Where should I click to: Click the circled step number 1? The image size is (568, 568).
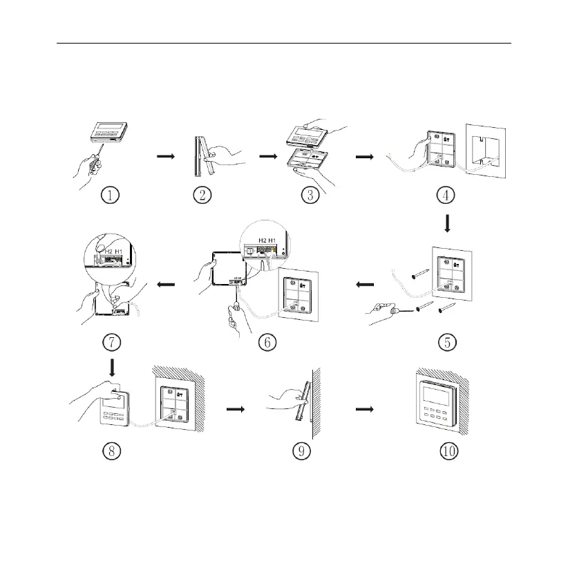[111, 196]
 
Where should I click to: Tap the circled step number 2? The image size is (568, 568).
[202, 196]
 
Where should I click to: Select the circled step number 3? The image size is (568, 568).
[311, 196]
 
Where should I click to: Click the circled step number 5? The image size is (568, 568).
[447, 341]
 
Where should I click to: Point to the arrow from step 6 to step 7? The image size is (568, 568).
[167, 284]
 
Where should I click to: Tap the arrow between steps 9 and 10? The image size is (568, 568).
[363, 408]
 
